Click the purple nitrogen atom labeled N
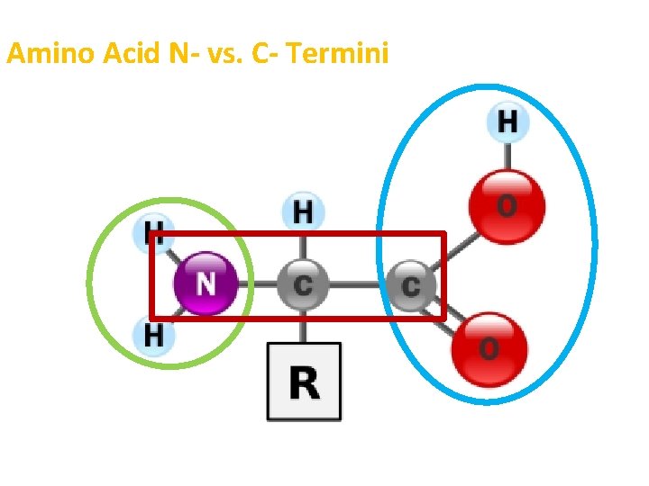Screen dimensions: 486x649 click(206, 283)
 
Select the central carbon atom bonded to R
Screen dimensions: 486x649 click(303, 284)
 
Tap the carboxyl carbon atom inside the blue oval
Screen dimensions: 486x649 click(411, 285)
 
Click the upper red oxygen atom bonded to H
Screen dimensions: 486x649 click(507, 206)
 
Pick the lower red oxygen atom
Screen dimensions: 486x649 click(488, 347)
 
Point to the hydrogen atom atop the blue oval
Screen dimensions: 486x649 click(507, 122)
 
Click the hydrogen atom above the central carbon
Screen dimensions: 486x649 click(304, 212)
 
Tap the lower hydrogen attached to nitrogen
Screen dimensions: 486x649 click(154, 336)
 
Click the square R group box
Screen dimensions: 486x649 click(304, 382)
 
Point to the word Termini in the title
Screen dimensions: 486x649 click(341, 55)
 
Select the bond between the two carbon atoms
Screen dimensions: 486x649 click(357, 285)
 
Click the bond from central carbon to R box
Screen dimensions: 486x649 click(304, 326)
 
